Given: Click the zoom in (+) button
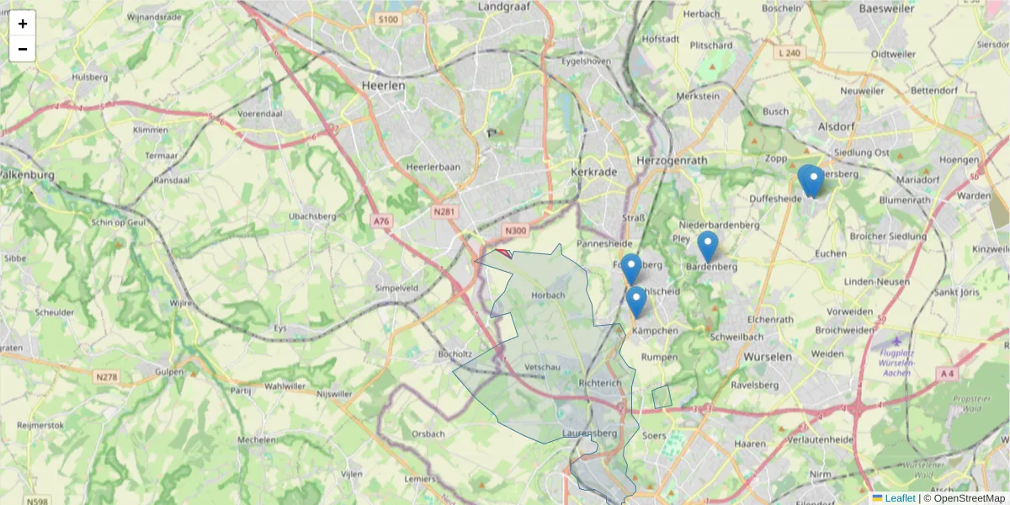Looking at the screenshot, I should click(x=23, y=24).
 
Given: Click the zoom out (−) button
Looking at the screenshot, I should click(x=23, y=49).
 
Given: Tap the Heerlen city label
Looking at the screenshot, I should click(x=383, y=85).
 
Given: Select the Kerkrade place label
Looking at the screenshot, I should click(x=594, y=171).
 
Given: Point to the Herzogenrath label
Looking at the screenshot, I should click(x=672, y=160).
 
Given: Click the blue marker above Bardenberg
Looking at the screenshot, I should click(x=708, y=247).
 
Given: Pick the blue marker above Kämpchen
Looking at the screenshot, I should click(x=636, y=301).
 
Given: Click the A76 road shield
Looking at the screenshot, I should click(x=382, y=221).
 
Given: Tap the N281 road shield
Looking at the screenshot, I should click(x=444, y=212).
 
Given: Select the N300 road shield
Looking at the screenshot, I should click(x=515, y=230).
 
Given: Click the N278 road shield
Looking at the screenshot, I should click(x=107, y=377).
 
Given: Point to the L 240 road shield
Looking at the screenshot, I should click(x=789, y=52).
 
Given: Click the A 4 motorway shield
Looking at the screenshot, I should click(x=948, y=373).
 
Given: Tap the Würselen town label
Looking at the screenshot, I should click(x=766, y=357).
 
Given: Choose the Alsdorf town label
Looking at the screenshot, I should click(x=836, y=126).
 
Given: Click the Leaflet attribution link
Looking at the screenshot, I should click(x=899, y=498).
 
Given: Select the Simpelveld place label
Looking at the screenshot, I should click(x=396, y=287).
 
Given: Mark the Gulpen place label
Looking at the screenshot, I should click(x=171, y=370).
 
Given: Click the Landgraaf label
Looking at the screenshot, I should click(x=503, y=7).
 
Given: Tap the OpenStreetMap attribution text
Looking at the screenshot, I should click(x=969, y=498).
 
